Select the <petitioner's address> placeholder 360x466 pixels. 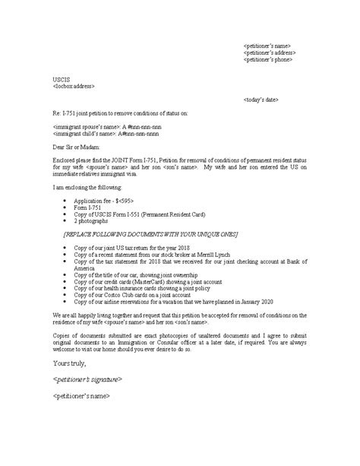coord(270,52)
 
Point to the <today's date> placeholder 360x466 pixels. coord(263,100)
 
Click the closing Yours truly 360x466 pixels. coord(68,363)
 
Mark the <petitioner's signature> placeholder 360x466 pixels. coord(89,379)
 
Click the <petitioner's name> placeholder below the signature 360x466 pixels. coord(83,396)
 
